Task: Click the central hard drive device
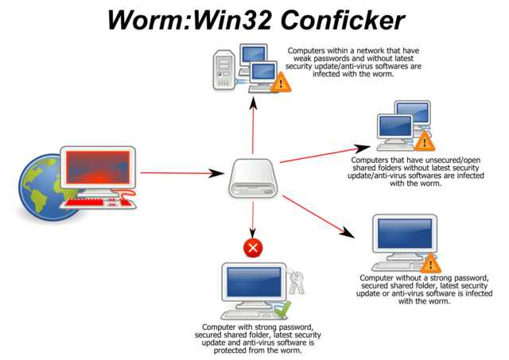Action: pyautogui.click(x=253, y=178)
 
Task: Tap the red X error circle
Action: pyautogui.click(x=253, y=248)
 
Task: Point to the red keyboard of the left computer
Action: pyautogui.click(x=99, y=203)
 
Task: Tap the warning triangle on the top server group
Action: pyautogui.click(x=281, y=81)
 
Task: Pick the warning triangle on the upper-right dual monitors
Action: pyautogui.click(x=425, y=141)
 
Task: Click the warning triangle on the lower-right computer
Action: pyautogui.click(x=430, y=263)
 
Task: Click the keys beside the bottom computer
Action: pyautogui.click(x=295, y=280)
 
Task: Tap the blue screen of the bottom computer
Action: pyautogui.click(x=254, y=282)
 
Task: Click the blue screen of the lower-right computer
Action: pyautogui.click(x=404, y=234)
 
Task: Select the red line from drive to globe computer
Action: pyautogui.click(x=175, y=172)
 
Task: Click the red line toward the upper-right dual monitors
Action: pyautogui.click(x=318, y=155)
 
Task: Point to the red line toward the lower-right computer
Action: pyautogui.click(x=312, y=213)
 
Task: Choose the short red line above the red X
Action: pyautogui.click(x=253, y=216)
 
